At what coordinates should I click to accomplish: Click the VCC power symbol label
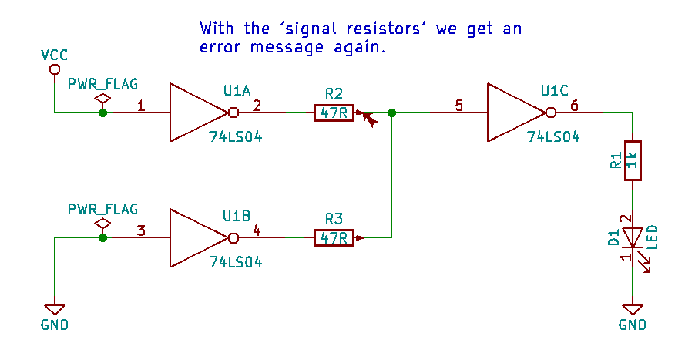54,55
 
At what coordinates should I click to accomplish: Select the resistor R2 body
334,113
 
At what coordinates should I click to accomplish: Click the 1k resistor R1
633,160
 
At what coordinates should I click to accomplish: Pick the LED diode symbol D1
633,237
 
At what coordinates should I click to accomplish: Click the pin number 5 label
459,106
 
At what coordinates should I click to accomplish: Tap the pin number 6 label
573,106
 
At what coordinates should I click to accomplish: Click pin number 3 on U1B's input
140,230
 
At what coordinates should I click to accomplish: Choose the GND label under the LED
633,325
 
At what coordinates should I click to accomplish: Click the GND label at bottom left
54,325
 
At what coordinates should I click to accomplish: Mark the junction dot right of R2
392,113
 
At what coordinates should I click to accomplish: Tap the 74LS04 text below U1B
236,262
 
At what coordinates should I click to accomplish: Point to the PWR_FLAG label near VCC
102,84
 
